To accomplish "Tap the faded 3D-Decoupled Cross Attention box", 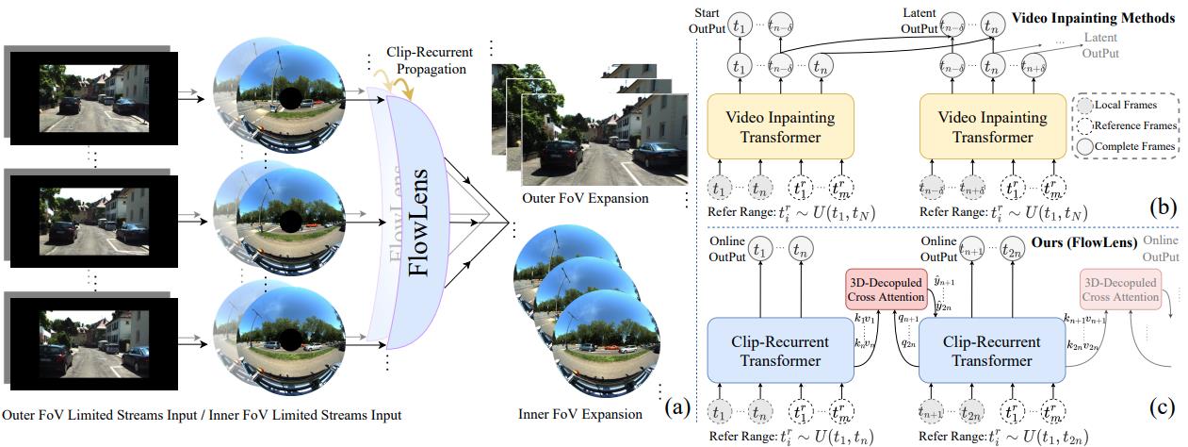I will point(1121,289).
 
